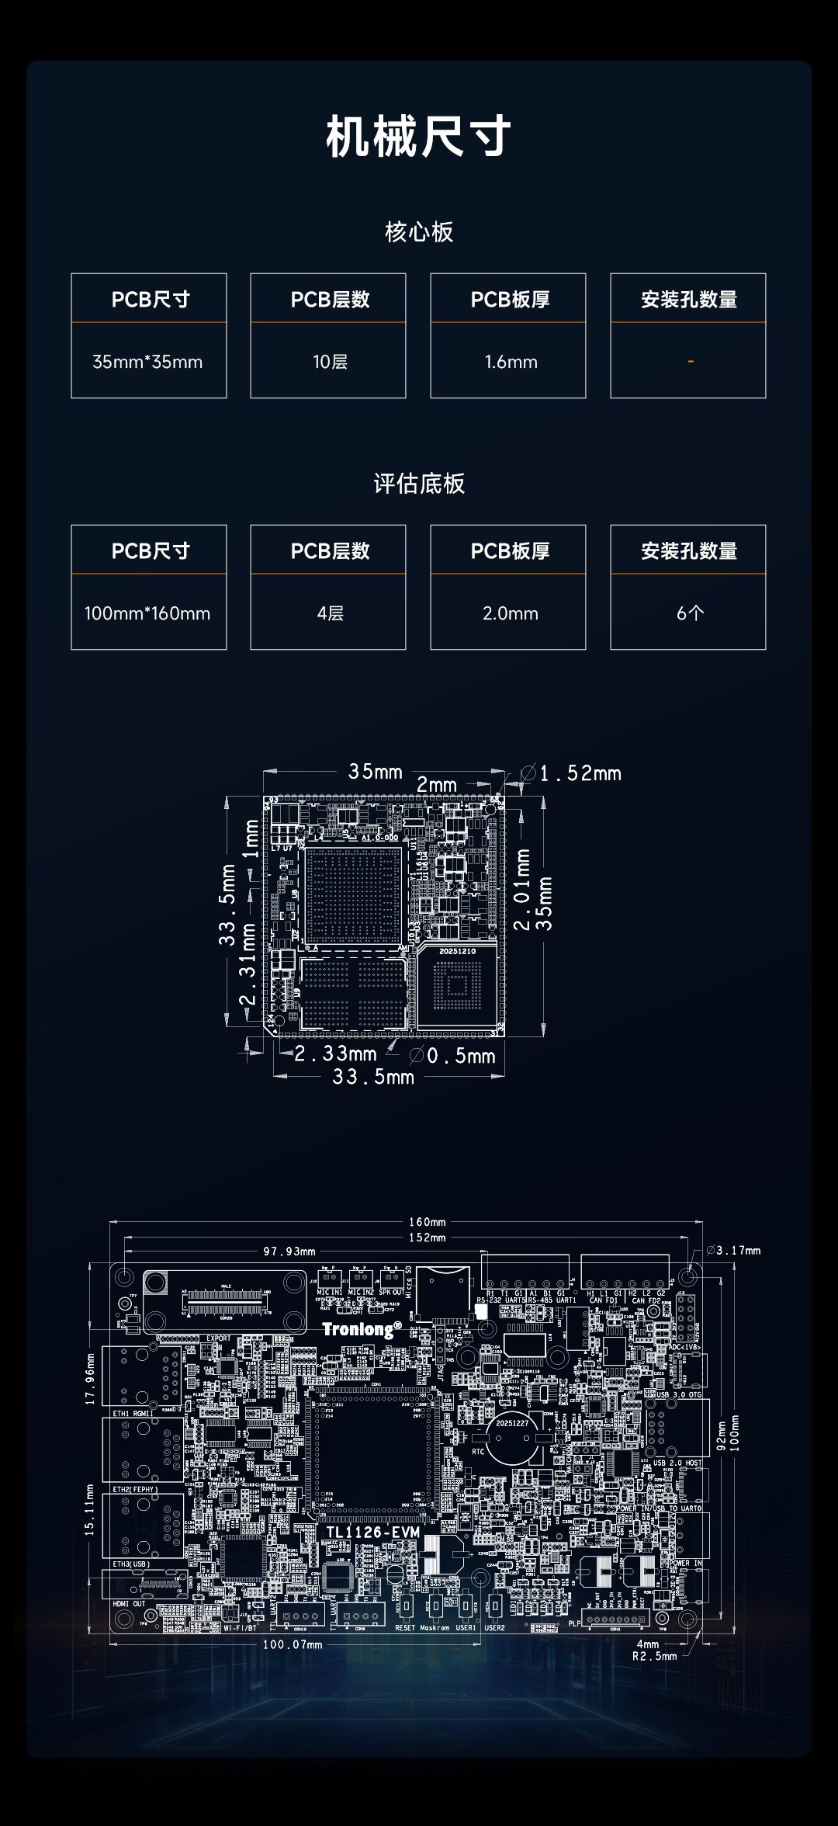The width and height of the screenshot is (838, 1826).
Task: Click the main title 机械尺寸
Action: click(418, 137)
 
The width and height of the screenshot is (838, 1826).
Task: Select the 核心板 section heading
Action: click(419, 232)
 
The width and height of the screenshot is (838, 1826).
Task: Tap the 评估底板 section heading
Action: click(419, 484)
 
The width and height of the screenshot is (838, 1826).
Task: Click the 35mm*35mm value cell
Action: click(147, 362)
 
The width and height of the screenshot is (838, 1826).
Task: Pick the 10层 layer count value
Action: click(330, 362)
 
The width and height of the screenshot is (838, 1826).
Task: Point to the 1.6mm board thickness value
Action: click(511, 362)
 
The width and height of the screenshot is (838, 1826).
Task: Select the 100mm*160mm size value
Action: click(147, 613)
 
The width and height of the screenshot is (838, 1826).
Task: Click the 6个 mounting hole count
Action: click(690, 613)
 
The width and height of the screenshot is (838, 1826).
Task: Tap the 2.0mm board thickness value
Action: click(511, 613)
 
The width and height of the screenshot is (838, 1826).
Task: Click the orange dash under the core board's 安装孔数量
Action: click(690, 362)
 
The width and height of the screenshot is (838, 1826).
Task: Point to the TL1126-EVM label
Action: click(373, 1532)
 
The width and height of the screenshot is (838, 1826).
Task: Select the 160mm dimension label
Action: click(428, 1222)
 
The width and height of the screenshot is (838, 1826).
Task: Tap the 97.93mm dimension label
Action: click(289, 1251)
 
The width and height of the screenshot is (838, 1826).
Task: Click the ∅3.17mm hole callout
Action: click(734, 1251)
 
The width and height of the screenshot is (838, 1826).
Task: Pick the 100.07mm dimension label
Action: click(293, 1644)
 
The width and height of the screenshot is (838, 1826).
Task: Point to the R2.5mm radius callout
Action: click(654, 1656)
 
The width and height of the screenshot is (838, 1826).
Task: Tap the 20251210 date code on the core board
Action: click(457, 951)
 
